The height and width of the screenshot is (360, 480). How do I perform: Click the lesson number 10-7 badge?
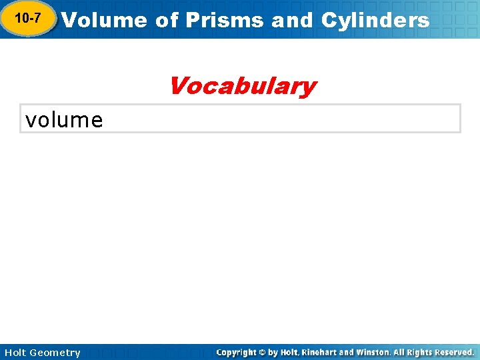27,19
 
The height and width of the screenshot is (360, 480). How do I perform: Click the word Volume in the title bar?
104,20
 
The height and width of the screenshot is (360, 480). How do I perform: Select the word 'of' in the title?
167,20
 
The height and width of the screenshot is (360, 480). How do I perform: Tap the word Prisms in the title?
225,20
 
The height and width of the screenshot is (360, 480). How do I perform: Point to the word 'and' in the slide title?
293,20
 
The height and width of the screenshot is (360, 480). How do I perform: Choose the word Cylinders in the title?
375,20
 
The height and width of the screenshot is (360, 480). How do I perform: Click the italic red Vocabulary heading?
242,86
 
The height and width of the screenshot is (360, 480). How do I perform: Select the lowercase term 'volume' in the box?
64,120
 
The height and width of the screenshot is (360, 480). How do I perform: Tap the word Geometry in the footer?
55,353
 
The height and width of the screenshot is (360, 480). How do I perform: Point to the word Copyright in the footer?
237,352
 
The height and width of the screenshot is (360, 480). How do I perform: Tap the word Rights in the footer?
420,352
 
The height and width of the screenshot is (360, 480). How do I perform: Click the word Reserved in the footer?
455,352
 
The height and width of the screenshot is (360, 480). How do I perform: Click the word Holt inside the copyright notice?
289,352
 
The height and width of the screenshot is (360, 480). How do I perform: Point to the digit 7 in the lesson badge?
36,19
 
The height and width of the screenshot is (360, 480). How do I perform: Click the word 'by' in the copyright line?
273,352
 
